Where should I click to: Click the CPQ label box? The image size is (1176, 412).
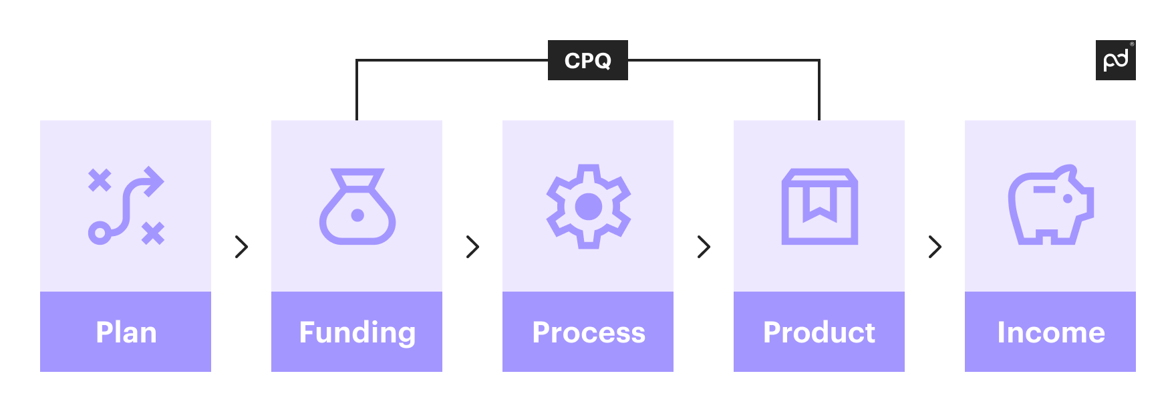pyautogui.click(x=587, y=60)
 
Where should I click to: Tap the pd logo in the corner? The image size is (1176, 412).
pyautogui.click(x=1115, y=60)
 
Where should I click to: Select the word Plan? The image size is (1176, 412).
pyautogui.click(x=126, y=332)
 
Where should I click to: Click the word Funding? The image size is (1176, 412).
pyautogui.click(x=357, y=332)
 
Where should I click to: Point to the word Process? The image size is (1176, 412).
pyautogui.click(x=589, y=332)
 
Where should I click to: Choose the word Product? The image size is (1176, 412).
pyautogui.click(x=819, y=332)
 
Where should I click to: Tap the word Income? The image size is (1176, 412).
pyautogui.click(x=1050, y=332)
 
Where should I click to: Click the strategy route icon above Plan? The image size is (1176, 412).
pyautogui.click(x=126, y=206)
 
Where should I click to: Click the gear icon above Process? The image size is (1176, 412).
pyautogui.click(x=589, y=207)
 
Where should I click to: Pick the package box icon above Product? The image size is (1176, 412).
pyautogui.click(x=820, y=207)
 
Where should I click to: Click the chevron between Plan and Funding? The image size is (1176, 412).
pyautogui.click(x=242, y=247)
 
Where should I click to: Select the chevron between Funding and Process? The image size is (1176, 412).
pyautogui.click(x=473, y=247)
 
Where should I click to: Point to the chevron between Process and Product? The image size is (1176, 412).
pyautogui.click(x=704, y=247)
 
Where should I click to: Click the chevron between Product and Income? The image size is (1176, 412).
pyautogui.click(x=935, y=247)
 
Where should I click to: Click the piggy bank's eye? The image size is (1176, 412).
pyautogui.click(x=1067, y=199)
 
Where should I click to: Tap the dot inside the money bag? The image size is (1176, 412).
pyautogui.click(x=357, y=215)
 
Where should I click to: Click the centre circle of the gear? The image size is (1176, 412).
pyautogui.click(x=589, y=207)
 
